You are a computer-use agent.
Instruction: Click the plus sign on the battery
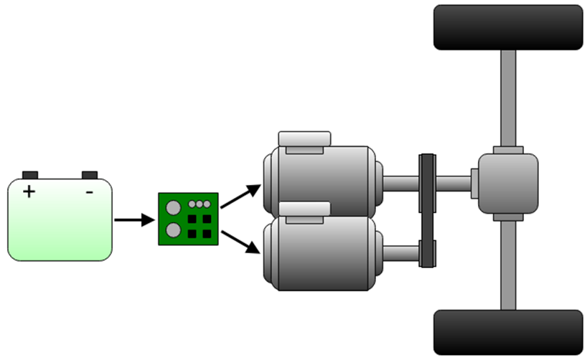29,192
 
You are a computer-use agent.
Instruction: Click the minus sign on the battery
89,192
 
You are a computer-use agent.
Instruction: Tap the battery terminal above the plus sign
30,175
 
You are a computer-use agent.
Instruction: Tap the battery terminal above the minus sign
90,175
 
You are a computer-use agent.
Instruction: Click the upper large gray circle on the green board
173,208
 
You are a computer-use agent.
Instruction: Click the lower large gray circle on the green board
173,230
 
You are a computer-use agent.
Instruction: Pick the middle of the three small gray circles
200,204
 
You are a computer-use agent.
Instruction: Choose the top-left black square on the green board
192,219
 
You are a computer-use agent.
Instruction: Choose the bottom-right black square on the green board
207,233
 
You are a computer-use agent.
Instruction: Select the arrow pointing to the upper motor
241,196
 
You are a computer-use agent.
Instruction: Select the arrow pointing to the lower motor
241,242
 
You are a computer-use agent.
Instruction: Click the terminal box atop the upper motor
304,138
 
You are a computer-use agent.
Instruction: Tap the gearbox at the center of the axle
507,182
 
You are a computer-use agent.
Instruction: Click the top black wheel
508,27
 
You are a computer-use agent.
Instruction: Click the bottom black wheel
508,332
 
